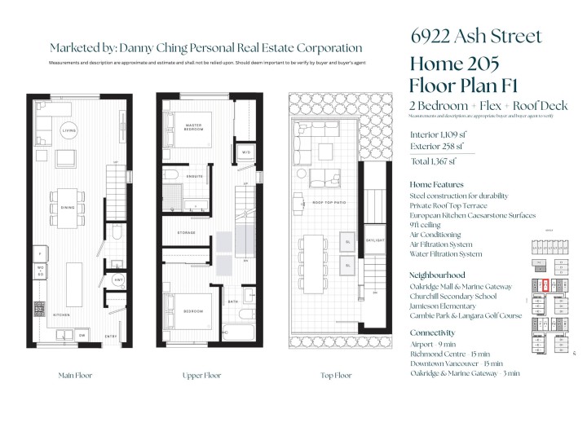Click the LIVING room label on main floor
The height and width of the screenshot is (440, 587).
(70, 130)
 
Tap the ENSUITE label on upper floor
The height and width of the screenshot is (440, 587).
(195, 176)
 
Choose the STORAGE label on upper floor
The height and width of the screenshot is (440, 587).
(187, 233)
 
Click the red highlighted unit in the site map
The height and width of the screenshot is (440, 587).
(545, 285)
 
